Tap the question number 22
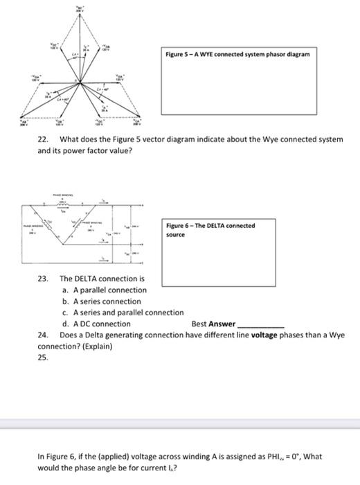point(42,139)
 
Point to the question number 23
point(42,279)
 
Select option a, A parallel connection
point(104,290)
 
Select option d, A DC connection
point(96,324)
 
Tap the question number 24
point(42,335)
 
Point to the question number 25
point(42,357)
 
